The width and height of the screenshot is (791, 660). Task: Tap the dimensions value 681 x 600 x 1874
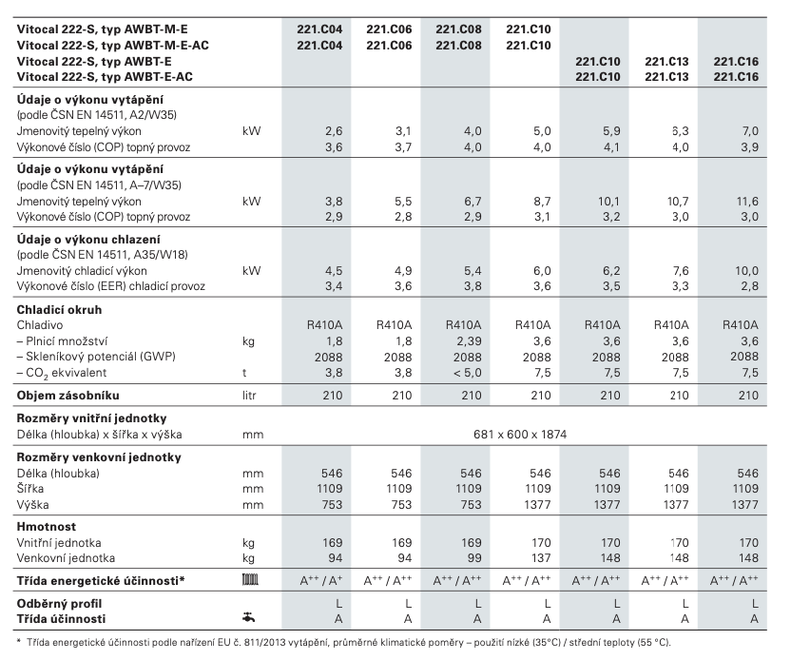[x=520, y=434]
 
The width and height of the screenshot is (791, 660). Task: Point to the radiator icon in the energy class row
[x=252, y=578]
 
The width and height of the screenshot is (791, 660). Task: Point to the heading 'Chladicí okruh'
[x=59, y=309]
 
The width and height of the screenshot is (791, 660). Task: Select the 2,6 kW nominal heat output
[x=334, y=128]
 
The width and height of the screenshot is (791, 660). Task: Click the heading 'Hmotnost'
[x=47, y=525]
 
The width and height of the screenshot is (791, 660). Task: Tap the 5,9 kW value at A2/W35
[x=608, y=128]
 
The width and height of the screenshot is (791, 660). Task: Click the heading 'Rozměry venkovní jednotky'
[x=98, y=457]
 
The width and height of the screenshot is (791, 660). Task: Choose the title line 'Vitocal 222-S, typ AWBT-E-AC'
[x=107, y=75]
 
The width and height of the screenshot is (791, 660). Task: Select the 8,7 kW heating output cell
[x=540, y=202]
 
